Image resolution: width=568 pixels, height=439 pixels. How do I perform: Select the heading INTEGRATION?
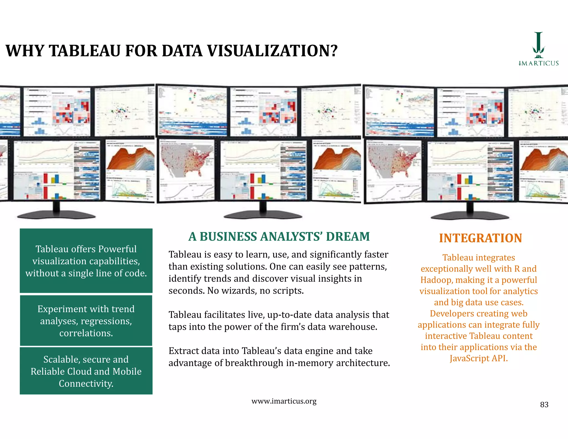click(x=480, y=238)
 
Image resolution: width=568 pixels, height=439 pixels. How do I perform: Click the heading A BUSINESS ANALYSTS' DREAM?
click(x=279, y=237)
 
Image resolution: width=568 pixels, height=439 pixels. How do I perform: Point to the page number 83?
click(x=544, y=405)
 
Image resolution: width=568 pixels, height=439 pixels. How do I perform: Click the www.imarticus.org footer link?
click(x=284, y=401)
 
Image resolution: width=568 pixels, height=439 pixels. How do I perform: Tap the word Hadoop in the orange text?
click(x=435, y=280)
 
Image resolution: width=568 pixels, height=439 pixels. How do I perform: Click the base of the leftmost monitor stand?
click(x=56, y=215)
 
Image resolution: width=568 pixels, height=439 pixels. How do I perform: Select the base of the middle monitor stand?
click(x=263, y=215)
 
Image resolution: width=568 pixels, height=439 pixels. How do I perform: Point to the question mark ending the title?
click(x=334, y=51)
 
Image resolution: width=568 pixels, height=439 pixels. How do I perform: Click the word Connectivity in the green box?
click(x=86, y=384)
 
